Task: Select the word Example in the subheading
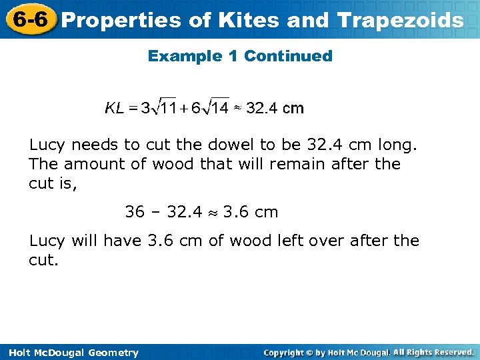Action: (x=185, y=56)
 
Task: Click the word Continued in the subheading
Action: (x=288, y=56)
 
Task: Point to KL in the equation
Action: (x=114, y=108)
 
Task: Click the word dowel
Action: (x=227, y=145)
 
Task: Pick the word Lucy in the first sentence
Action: (x=47, y=145)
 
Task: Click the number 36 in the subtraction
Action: (x=135, y=212)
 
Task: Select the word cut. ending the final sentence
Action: (x=44, y=259)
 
